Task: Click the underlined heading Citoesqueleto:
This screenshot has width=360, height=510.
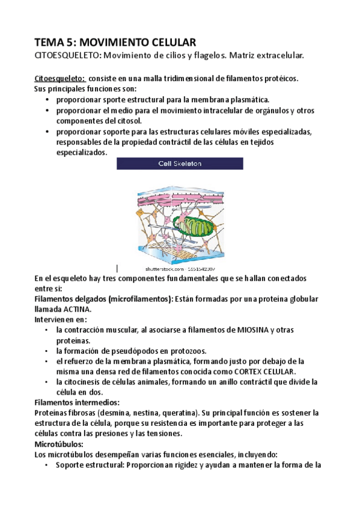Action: (59, 79)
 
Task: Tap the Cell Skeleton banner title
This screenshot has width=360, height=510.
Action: (180, 163)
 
